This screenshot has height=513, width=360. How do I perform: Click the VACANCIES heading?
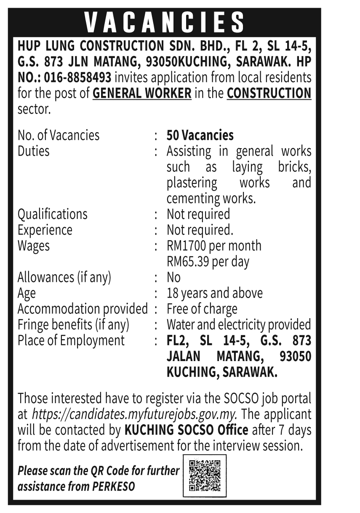tap(164, 22)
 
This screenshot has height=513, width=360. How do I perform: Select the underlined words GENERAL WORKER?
tap(142, 93)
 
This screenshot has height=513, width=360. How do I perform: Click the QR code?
tap(205, 476)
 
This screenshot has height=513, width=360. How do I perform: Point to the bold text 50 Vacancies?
tap(200, 135)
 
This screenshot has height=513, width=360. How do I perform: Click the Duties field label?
tap(33, 151)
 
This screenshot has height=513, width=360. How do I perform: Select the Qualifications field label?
tap(52, 214)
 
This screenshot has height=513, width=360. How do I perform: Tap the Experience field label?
tap(45, 230)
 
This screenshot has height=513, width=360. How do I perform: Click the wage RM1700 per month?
tap(214, 246)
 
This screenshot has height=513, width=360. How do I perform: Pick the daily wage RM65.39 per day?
tap(208, 261)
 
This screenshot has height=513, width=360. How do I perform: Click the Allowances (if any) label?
tap(64, 277)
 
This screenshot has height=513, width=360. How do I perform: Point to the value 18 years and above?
tap(215, 293)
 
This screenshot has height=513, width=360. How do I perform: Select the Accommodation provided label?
tap(83, 309)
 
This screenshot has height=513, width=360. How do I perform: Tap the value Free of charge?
tap(202, 309)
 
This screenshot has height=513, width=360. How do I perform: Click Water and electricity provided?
tap(239, 325)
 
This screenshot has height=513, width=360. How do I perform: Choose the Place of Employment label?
tap(71, 340)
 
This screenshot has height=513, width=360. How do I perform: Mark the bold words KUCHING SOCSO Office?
tap(187, 430)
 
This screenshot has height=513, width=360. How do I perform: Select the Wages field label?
tap(33, 246)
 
